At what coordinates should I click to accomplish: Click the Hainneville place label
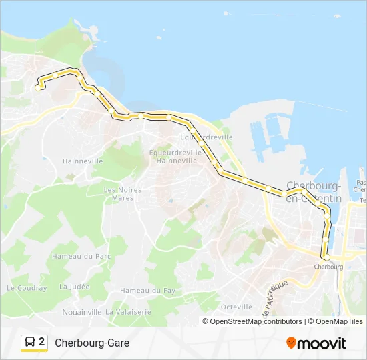click(82, 161)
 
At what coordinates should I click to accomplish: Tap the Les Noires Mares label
click(123, 193)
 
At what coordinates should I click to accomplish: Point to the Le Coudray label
click(27, 288)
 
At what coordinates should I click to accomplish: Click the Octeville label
click(236, 307)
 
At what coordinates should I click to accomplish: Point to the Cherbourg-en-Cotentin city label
click(313, 191)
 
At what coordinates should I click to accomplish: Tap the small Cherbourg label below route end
click(328, 267)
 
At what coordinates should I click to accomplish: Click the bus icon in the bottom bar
click(30, 342)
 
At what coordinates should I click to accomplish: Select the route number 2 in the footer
click(42, 342)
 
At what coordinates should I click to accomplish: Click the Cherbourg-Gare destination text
click(92, 343)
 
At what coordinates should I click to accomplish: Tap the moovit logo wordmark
click(322, 343)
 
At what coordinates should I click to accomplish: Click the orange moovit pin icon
click(291, 343)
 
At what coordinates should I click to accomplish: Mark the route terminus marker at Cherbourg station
click(326, 256)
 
